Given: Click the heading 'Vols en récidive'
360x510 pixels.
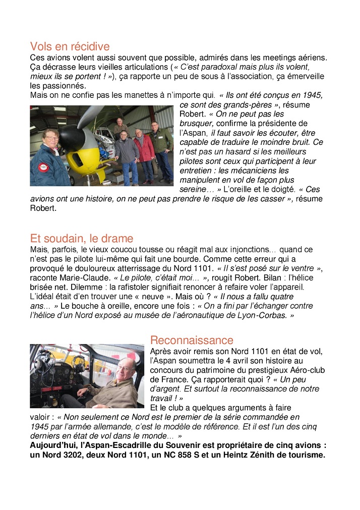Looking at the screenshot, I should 70,47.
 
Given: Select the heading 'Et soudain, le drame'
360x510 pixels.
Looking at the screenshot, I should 82,239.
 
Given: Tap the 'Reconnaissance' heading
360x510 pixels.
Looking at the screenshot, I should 192,340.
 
